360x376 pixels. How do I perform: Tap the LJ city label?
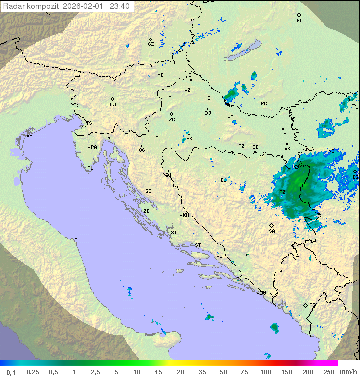coord(113,104)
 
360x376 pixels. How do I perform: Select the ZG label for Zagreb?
coord(172,120)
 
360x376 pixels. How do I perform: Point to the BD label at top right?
coord(299,21)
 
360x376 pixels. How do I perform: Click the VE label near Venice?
coord(29,136)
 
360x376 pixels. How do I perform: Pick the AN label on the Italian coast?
coord(77,240)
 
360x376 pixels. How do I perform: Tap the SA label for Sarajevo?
coord(272,231)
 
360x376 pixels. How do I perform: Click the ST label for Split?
coord(198,245)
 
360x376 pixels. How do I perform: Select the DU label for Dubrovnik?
coord(262,293)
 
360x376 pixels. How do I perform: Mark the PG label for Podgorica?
coord(312,305)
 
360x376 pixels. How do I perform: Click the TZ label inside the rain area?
coord(282,192)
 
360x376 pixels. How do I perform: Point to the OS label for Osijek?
coord(283,134)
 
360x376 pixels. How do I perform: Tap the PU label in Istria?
coord(90,168)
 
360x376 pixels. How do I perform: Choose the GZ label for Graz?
coord(151,44)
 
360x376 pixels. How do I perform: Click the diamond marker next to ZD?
coord(141,212)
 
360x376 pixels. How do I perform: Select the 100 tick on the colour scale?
coord(265,372)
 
